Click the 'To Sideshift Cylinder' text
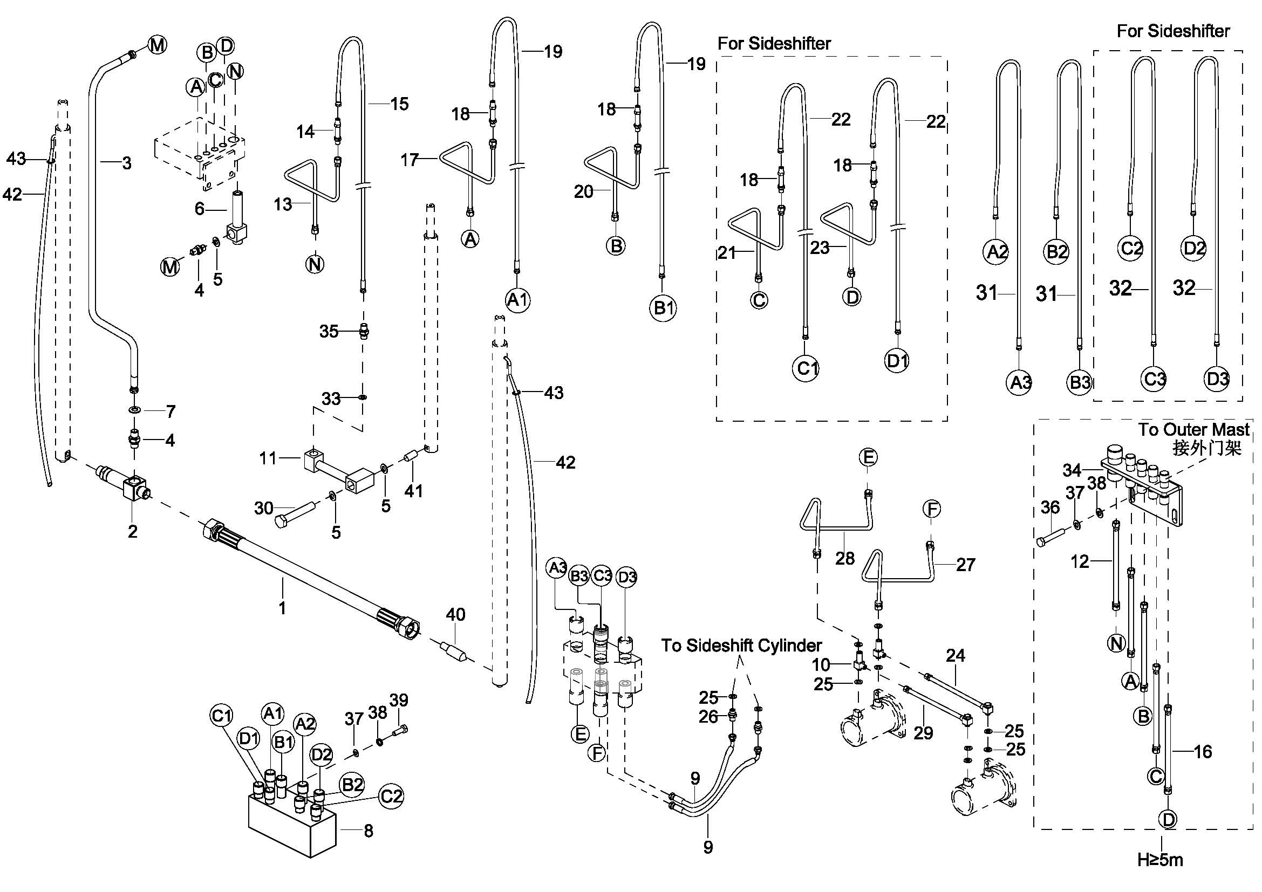741,646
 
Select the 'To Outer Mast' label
1193,429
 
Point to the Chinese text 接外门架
1206,448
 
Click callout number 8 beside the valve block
369,831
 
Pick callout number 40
455,614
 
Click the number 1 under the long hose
283,607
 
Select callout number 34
1072,470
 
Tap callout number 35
329,331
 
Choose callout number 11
268,457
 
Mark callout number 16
1203,751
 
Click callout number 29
923,732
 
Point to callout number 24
956,655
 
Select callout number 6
200,209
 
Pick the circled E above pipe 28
868,457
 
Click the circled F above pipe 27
932,509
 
